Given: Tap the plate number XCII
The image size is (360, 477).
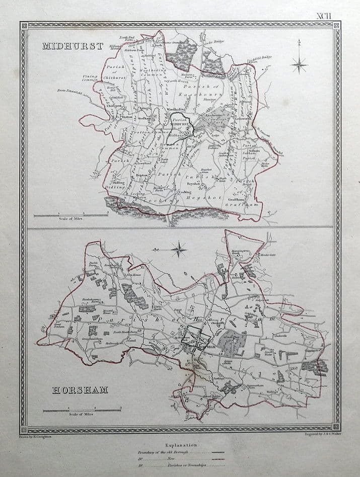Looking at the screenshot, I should (324, 15).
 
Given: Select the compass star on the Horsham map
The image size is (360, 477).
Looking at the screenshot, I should (179, 248).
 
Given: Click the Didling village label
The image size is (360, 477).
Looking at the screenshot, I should (119, 183).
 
